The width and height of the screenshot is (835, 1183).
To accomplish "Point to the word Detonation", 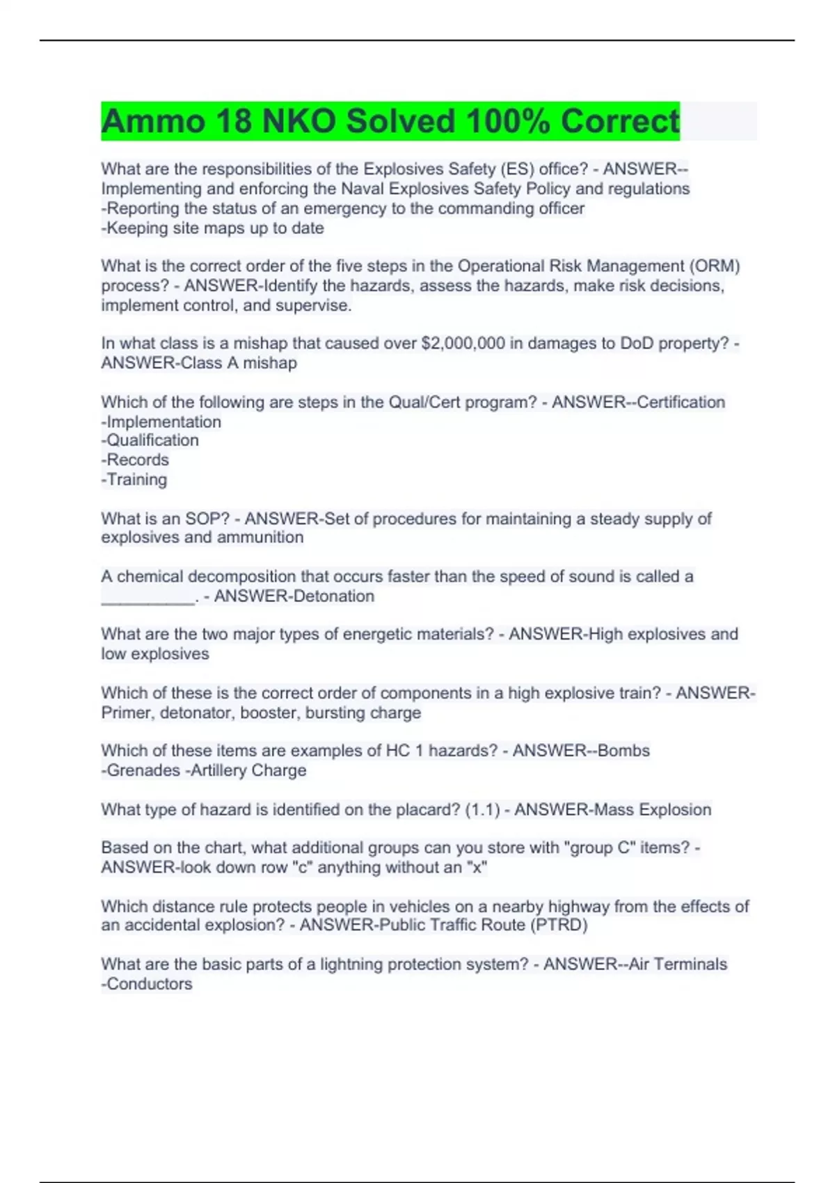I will coord(334,596).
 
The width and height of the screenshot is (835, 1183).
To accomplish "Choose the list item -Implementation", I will coord(161,422).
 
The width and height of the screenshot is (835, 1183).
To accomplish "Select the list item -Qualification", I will coord(150,440).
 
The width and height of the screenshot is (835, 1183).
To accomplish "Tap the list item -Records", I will coord(135,460).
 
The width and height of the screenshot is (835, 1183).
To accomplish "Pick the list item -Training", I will coord(134,479).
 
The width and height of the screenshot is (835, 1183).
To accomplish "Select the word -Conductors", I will coord(147,984).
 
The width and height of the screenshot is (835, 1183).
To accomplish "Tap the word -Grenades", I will coord(141,770).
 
